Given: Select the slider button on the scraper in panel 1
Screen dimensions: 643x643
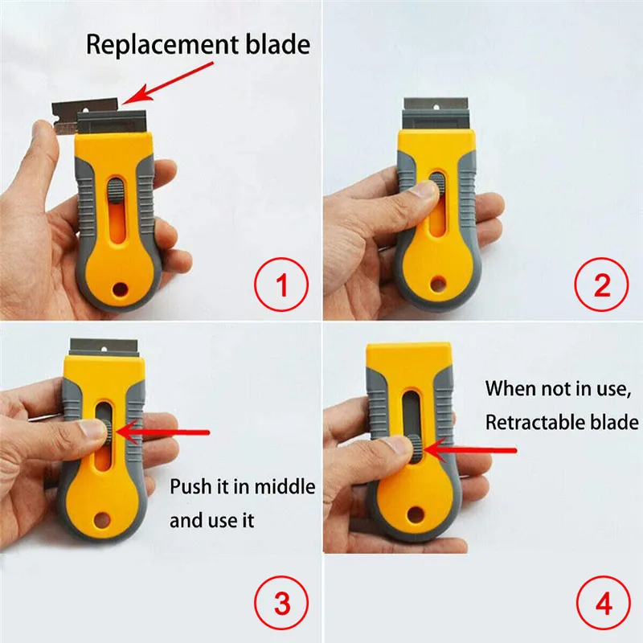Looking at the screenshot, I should coord(114,192).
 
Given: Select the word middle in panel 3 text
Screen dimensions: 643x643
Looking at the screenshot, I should coord(285,486).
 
